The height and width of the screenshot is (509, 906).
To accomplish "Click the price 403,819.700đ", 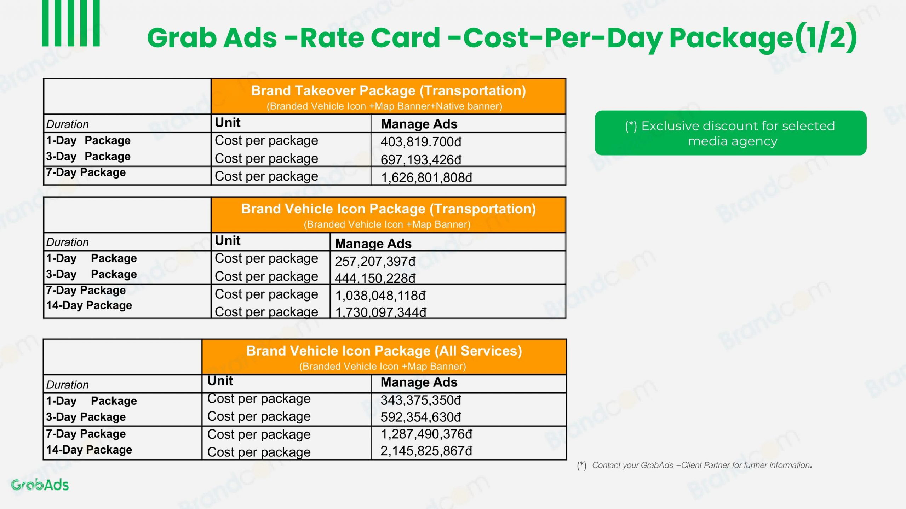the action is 421,142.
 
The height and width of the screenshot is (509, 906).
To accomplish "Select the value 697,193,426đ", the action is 421,160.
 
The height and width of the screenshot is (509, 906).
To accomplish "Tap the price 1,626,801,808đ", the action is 426,177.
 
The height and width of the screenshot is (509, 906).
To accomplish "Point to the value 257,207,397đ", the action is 375,261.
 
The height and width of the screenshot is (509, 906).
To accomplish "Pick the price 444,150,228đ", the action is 375,278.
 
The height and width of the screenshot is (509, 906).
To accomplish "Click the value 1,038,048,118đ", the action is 380,296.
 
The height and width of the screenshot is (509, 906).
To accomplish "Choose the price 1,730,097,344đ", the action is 381,312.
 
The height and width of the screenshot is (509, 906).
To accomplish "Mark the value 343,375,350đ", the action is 421,400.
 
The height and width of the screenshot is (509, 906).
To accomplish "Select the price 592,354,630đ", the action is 421,417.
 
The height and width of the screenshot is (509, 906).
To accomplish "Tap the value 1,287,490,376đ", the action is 426,434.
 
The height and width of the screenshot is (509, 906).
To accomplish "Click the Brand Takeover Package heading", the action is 388,91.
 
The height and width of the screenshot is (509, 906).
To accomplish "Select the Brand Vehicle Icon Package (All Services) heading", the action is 384,351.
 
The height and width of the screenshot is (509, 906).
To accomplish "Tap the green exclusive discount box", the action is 730,133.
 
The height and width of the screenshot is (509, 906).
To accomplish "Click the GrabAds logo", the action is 40,485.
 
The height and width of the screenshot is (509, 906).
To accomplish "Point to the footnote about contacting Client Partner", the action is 694,466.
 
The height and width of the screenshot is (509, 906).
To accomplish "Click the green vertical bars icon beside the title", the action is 71,23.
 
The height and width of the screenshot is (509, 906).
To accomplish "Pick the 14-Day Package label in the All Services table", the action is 89,450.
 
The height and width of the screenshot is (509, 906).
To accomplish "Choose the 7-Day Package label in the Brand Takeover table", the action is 86,172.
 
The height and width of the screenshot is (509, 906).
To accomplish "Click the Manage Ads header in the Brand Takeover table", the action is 419,124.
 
